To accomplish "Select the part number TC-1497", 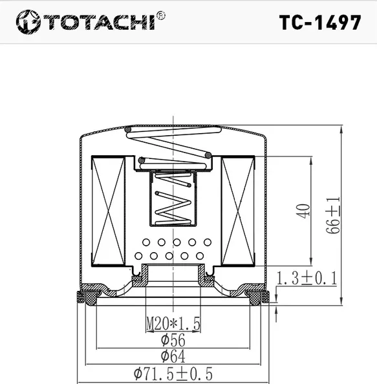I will (320, 23).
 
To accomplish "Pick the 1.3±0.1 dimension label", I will (307, 278).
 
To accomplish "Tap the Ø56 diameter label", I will (171, 339).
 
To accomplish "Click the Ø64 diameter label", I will (171, 356).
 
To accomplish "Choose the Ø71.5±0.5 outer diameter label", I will (173, 374).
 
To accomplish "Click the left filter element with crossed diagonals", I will (107, 213).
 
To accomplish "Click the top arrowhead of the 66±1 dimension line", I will (341, 128).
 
